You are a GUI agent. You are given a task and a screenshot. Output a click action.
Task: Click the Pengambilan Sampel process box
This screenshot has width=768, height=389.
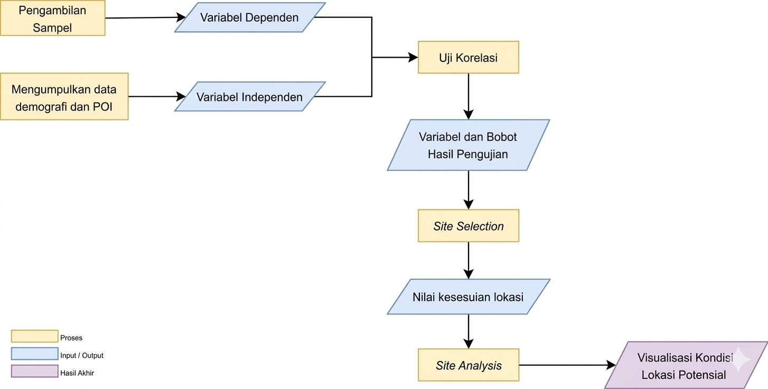pyautogui.click(x=52, y=18)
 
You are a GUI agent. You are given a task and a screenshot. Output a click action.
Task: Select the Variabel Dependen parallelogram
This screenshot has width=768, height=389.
pyautogui.click(x=249, y=17)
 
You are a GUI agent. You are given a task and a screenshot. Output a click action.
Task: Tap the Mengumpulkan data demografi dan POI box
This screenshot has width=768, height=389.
pyautogui.click(x=64, y=97)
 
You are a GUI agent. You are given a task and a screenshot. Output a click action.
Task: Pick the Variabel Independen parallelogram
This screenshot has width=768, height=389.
pyautogui.click(x=249, y=97)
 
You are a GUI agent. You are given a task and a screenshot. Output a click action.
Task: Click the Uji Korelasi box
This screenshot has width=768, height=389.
pyautogui.click(x=468, y=58)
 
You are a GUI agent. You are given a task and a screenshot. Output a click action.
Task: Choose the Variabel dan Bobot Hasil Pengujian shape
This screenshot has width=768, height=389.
pyautogui.click(x=468, y=145)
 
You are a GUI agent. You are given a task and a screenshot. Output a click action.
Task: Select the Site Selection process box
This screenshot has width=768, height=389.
pyautogui.click(x=468, y=226)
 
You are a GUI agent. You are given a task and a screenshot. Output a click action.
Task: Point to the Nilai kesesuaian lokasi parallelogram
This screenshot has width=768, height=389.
pyautogui.click(x=468, y=297)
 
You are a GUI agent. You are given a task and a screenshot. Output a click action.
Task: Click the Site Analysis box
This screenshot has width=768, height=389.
pyautogui.click(x=468, y=365)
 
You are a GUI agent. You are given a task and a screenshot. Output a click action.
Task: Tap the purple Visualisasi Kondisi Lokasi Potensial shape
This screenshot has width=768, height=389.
pyautogui.click(x=685, y=365)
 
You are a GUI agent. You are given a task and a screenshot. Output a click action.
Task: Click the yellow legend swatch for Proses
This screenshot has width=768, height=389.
pyautogui.click(x=34, y=337)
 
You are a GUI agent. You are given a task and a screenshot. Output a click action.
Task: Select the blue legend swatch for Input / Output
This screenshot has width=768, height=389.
pyautogui.click(x=34, y=354)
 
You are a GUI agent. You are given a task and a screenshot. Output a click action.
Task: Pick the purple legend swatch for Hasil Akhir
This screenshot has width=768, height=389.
pyautogui.click(x=34, y=372)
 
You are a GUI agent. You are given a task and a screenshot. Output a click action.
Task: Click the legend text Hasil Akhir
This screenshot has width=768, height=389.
pyautogui.click(x=77, y=373)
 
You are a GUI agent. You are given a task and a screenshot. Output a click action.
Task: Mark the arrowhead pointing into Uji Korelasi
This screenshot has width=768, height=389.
pyautogui.click(x=413, y=58)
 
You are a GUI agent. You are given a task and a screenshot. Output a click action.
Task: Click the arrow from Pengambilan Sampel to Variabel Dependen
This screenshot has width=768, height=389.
pyautogui.click(x=143, y=18)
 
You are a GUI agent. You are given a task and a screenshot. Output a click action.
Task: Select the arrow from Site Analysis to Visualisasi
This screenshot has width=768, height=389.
pyautogui.click(x=565, y=365)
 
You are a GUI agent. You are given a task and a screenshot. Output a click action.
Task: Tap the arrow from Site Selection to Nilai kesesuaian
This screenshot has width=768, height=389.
pyautogui.click(x=468, y=260)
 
